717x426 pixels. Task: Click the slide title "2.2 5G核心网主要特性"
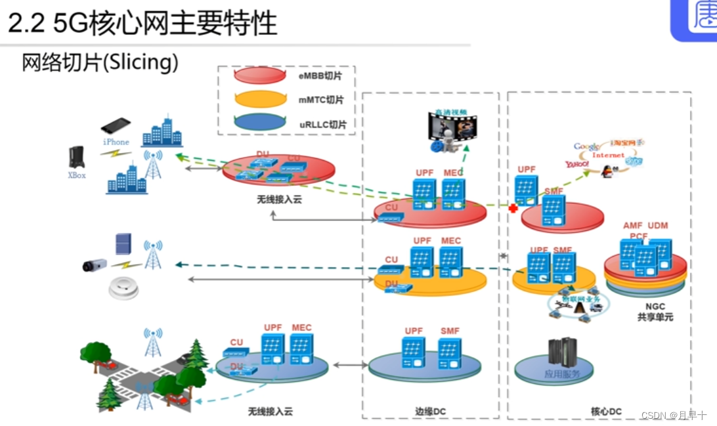point(142,24)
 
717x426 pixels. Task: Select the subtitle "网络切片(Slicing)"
point(100,63)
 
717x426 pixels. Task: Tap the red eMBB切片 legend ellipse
point(260,75)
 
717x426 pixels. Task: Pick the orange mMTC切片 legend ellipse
point(260,99)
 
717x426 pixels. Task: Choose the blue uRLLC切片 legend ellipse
point(260,122)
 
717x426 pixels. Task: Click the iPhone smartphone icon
point(116,125)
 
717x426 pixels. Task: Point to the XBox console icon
point(77,158)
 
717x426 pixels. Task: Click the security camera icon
point(95,265)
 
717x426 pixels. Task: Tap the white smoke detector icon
point(123,288)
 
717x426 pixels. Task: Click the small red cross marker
point(513,208)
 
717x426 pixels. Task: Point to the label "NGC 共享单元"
point(655,312)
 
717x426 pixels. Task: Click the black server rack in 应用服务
point(562,352)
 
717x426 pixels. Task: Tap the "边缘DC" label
point(430,412)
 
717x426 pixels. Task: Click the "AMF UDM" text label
point(645,226)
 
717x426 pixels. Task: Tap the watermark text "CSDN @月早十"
point(674,415)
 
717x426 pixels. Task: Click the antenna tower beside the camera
point(152,255)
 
